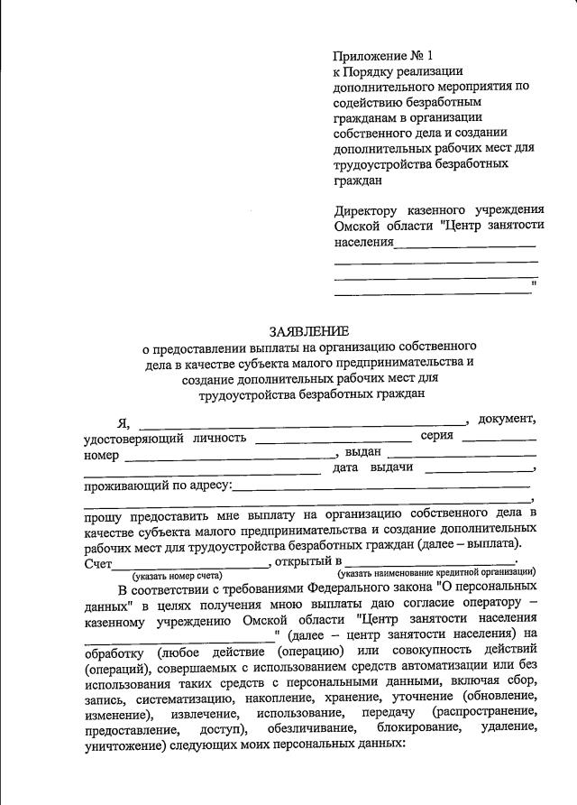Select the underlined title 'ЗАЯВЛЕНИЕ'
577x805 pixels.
pos(310,331)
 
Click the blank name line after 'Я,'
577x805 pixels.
pos(301,421)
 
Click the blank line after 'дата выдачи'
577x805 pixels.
pos(479,470)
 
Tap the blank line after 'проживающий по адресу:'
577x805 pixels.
pos(382,488)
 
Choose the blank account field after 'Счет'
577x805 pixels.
pos(190,565)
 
